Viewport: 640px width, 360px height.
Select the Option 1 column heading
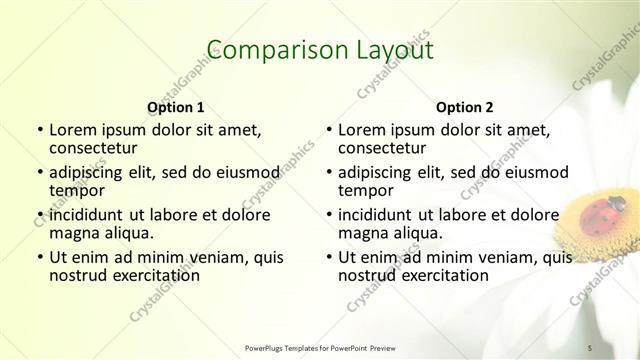(176, 107)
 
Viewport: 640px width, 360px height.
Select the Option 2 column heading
(465, 107)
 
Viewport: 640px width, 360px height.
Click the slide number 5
(590, 346)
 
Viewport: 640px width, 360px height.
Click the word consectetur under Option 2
(381, 148)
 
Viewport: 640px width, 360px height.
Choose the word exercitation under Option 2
(441, 275)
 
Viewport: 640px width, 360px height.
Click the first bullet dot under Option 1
(39, 130)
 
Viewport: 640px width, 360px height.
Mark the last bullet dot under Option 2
(328, 258)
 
